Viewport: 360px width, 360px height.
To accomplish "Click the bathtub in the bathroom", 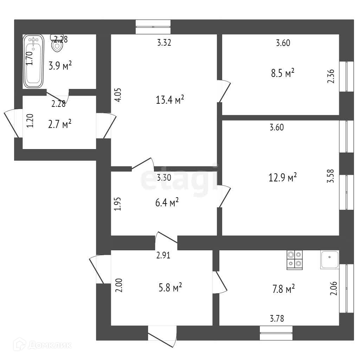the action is (x=33, y=61).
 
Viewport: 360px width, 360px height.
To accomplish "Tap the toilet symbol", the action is (x=57, y=44).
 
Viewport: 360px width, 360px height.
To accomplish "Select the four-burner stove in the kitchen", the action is (x=295, y=260).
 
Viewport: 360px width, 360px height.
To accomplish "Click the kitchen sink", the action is (x=329, y=259).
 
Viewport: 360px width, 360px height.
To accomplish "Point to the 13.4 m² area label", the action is (x=170, y=101).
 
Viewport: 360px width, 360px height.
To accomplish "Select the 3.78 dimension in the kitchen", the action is (x=277, y=319).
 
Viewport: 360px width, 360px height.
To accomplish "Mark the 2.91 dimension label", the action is (x=163, y=256).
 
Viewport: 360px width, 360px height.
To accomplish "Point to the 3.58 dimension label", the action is (x=330, y=176).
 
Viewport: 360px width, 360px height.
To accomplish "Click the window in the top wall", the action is (x=153, y=27).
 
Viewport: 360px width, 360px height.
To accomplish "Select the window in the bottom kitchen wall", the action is (x=276, y=333).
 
